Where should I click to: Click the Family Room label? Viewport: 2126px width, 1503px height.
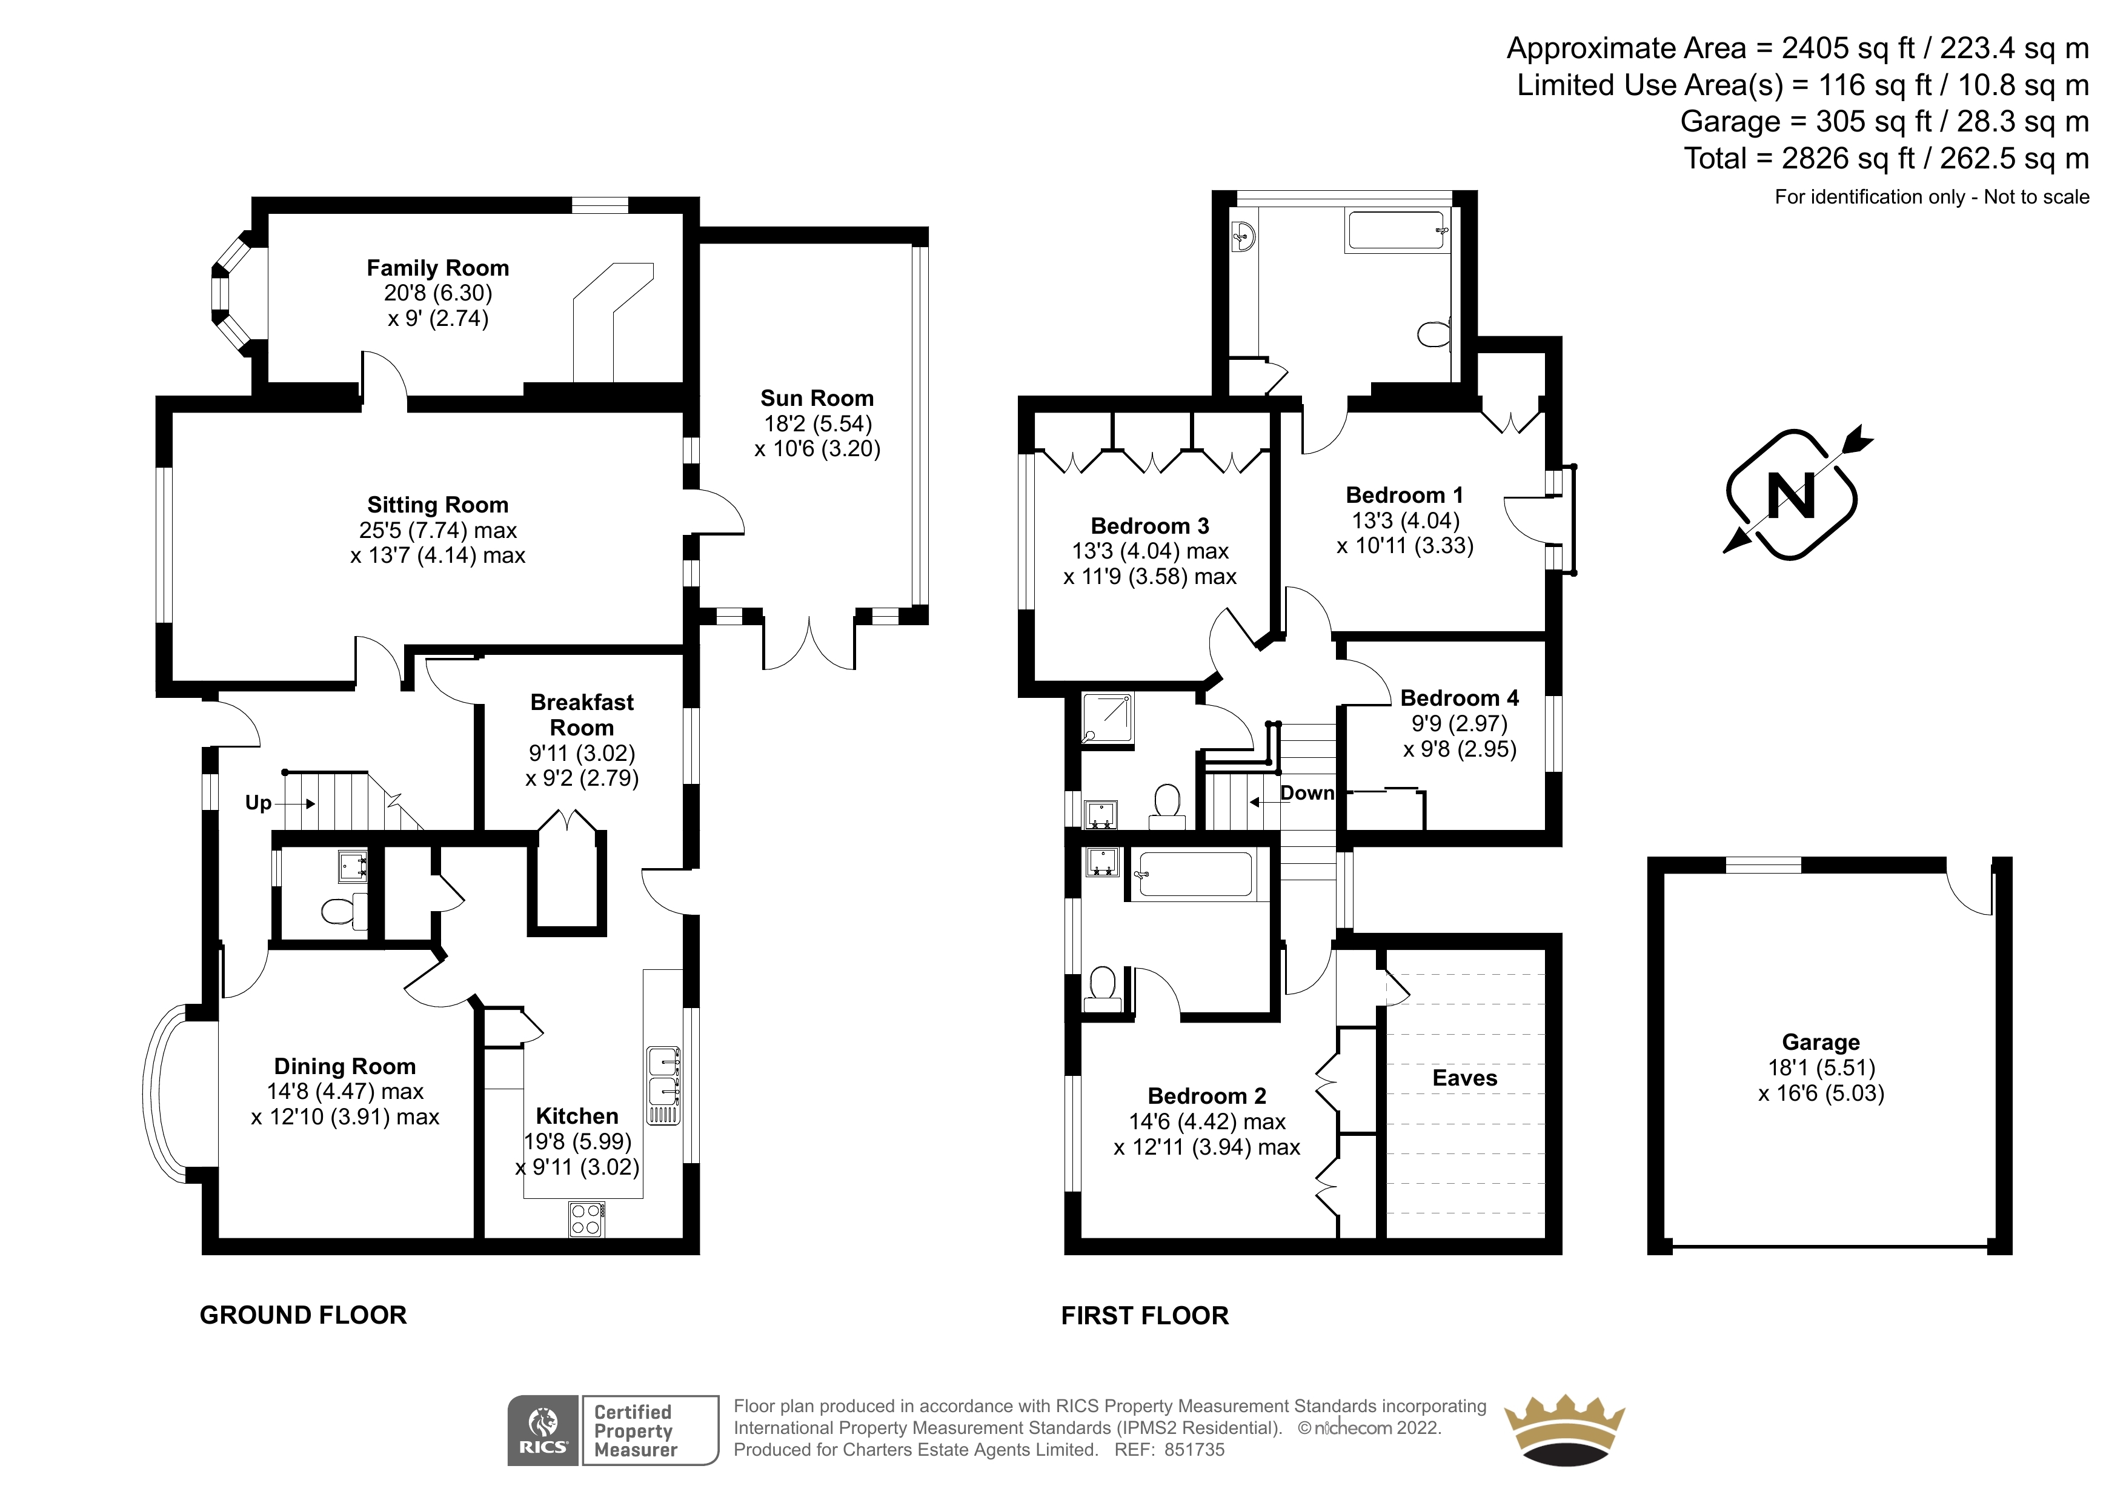pyautogui.click(x=438, y=268)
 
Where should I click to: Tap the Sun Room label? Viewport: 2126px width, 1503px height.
pyautogui.click(x=817, y=398)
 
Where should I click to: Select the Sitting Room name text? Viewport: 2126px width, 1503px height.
pyautogui.click(x=438, y=505)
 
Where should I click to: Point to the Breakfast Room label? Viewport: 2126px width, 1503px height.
pyautogui.click(x=582, y=715)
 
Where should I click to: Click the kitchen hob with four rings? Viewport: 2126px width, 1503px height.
pyautogui.click(x=586, y=1219)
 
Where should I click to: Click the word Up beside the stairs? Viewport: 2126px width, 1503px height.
pyautogui.click(x=258, y=803)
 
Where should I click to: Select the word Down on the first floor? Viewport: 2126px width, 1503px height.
pyautogui.click(x=1306, y=793)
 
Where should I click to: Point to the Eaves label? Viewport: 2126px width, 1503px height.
pyautogui.click(x=1465, y=1078)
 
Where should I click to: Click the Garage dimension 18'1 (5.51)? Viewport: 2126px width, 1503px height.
pyautogui.click(x=1821, y=1068)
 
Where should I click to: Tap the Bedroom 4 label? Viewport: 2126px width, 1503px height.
pyautogui.click(x=1460, y=698)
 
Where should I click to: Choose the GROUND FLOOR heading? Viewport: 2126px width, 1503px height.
pyautogui.click(x=303, y=1315)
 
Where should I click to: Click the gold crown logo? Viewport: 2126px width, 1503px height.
pyautogui.click(x=1564, y=1432)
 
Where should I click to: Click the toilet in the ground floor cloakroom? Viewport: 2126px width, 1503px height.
pyautogui.click(x=338, y=911)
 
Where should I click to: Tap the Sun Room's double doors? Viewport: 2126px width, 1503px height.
pyautogui.click(x=808, y=642)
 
